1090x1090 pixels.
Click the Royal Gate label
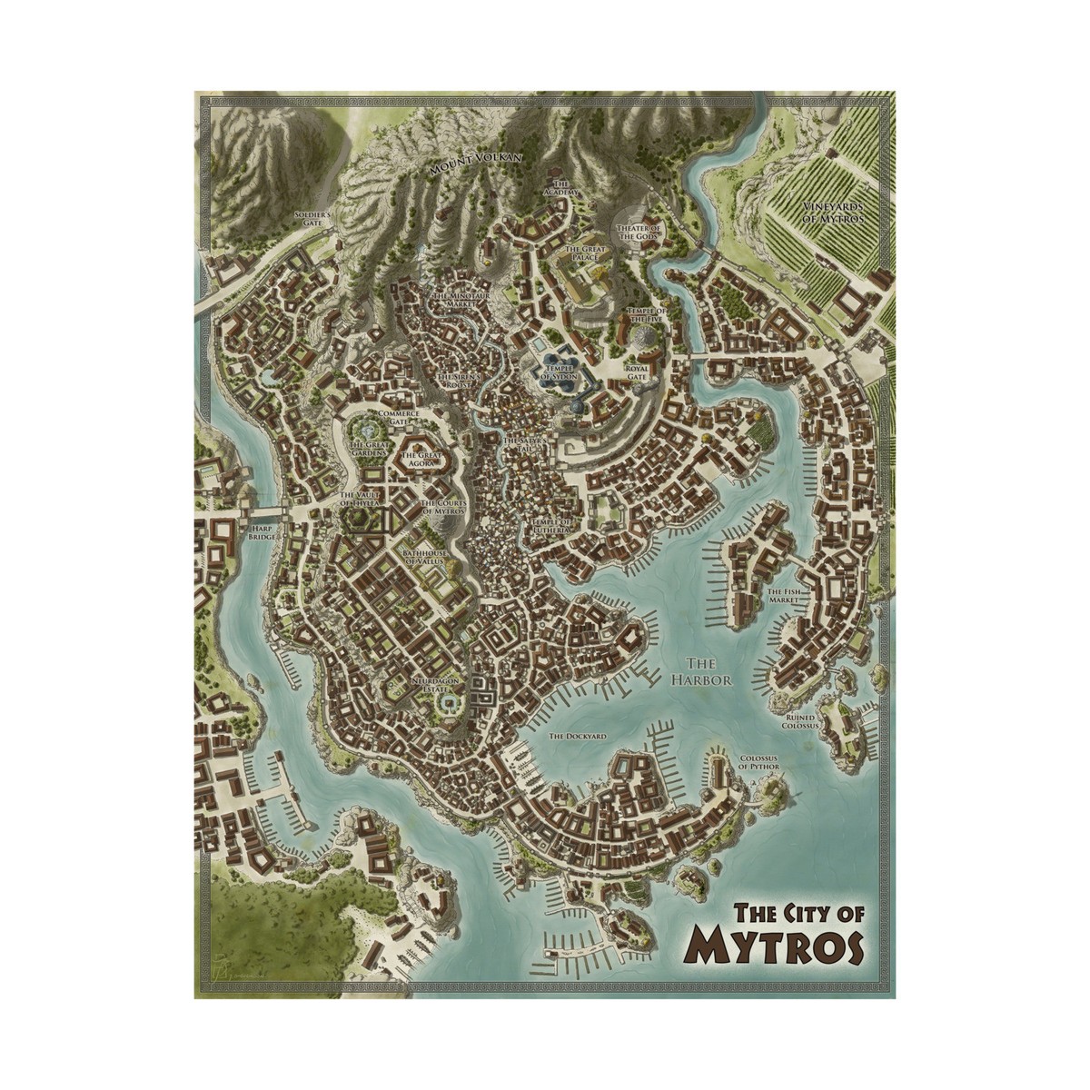coord(636,372)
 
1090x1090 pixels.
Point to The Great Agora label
coord(421,459)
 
